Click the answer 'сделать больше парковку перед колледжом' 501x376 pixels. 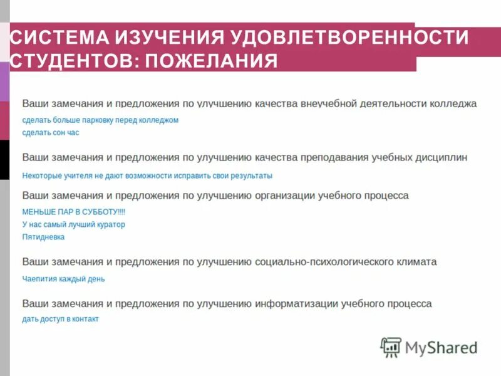click(x=100, y=120)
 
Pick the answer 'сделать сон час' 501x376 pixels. click(x=51, y=132)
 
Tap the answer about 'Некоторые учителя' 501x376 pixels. click(x=147, y=175)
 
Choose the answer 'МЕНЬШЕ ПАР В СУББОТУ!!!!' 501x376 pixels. click(x=74, y=212)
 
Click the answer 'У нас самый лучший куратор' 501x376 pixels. click(x=73, y=224)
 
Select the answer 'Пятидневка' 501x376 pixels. click(x=43, y=237)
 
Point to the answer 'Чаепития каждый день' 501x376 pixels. click(x=63, y=279)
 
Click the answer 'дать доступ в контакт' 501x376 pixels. click(x=60, y=319)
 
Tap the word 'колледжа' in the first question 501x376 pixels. click(x=453, y=103)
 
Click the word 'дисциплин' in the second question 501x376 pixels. click(x=442, y=157)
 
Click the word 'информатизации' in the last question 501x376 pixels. click(x=296, y=303)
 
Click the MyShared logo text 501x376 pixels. click(x=441, y=347)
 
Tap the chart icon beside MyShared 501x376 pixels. click(x=391, y=347)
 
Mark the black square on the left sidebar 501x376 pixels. click(x=4, y=160)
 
